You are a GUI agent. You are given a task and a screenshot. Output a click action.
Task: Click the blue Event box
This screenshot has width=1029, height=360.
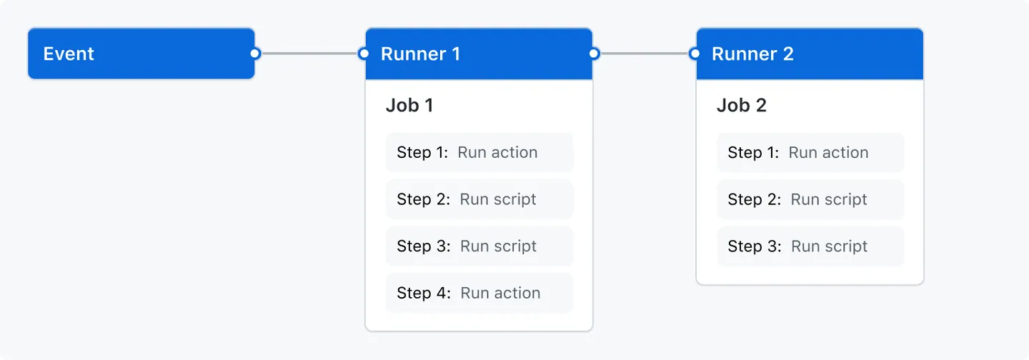(141, 54)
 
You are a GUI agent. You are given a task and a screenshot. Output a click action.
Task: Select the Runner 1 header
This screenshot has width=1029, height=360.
(479, 54)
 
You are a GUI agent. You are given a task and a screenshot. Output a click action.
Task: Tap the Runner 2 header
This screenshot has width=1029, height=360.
(810, 54)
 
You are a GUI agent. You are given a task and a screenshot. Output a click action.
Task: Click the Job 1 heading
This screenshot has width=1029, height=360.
(409, 106)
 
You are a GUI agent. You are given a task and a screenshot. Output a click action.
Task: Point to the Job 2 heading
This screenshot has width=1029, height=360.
(741, 106)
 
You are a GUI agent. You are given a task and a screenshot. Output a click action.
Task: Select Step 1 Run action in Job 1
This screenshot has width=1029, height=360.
(479, 153)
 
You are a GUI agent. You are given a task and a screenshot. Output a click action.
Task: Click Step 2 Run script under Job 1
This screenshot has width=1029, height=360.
(479, 199)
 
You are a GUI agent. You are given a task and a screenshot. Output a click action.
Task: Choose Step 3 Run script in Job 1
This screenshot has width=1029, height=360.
(479, 246)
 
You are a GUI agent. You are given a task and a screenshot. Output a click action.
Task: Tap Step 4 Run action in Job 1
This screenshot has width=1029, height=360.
(479, 293)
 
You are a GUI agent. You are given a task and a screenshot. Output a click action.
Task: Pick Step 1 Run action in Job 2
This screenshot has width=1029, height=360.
(810, 153)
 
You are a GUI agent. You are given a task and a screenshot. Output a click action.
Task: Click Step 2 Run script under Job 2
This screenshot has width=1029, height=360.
(810, 199)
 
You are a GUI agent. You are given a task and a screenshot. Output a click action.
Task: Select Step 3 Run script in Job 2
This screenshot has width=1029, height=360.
(810, 246)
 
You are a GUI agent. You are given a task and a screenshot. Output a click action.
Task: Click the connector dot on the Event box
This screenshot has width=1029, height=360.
(255, 54)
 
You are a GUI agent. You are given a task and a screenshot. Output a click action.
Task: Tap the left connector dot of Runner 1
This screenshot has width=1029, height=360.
(364, 54)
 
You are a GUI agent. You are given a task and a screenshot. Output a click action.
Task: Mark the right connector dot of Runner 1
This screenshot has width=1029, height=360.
(594, 54)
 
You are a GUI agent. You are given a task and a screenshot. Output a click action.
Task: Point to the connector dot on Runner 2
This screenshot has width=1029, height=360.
(695, 54)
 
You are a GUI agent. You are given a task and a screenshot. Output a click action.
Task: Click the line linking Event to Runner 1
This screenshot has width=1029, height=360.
(309, 54)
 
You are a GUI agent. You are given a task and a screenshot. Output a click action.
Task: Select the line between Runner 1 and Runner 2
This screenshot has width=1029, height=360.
(644, 54)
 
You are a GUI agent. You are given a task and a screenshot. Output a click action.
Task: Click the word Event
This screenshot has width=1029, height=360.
(69, 54)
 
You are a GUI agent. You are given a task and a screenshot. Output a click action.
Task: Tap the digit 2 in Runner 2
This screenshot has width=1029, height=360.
(788, 54)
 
